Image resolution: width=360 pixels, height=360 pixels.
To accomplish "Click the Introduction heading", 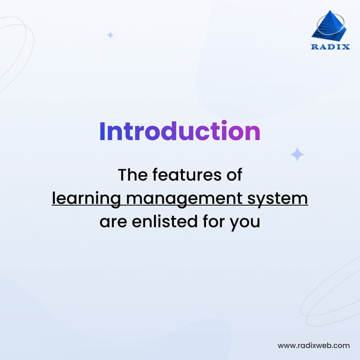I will pos(179,131).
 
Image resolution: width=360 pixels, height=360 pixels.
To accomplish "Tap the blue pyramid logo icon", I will pos(330,26).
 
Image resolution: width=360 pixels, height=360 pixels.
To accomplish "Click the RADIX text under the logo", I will pos(330,47).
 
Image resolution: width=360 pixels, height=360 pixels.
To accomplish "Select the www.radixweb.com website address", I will pos(314,345).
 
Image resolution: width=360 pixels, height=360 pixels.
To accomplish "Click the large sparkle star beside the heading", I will pos(297,154).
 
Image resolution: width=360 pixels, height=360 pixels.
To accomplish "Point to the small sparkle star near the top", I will pos(111,35).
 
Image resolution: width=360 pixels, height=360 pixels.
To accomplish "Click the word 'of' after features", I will pos(233,175).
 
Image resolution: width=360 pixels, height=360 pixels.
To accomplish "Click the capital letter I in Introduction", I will pos(102,131).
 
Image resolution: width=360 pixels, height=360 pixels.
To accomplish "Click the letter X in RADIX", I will pos(346,47).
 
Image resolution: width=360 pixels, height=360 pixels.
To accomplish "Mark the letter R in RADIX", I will pos(314,47).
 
